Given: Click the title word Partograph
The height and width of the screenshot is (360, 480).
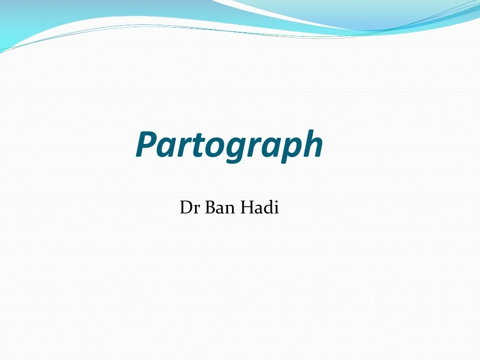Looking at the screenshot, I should point(229,145).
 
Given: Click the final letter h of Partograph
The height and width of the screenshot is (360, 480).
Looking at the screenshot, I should point(311,144).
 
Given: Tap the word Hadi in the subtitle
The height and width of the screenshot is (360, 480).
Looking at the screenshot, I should point(260,207).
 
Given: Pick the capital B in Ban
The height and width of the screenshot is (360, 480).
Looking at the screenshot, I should point(210,207).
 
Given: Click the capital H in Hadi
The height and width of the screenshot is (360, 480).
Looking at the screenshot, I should point(247,207).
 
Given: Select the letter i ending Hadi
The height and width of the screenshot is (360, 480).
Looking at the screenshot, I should point(276,207).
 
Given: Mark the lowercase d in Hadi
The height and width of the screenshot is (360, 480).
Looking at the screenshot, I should point(268,207).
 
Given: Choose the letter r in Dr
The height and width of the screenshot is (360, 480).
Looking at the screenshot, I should point(197,209).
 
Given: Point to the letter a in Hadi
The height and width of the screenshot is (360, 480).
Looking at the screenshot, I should point(259,209).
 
